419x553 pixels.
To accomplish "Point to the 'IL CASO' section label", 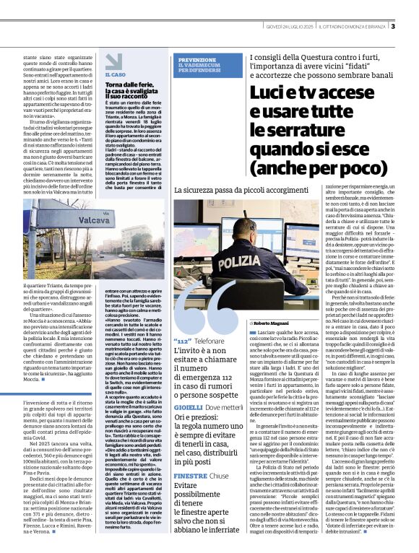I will (116, 74).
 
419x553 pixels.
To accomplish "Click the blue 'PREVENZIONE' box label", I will (197, 59).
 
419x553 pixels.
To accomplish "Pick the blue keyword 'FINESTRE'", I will (191, 477).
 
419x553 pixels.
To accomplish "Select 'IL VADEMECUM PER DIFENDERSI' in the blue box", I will (197, 69).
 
